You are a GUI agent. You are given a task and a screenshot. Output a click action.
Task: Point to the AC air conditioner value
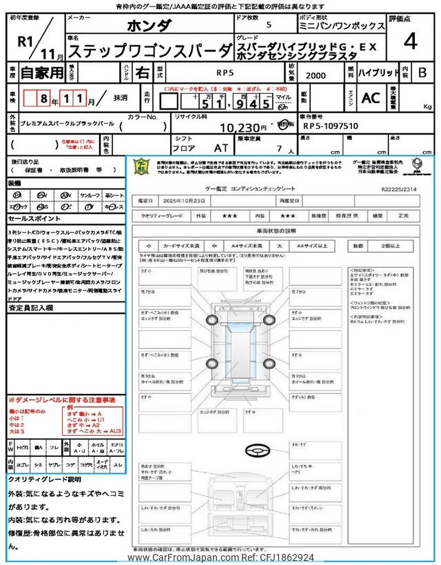pyautogui.click(x=371, y=98)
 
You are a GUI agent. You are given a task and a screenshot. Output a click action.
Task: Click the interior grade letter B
pyautogui.click(x=423, y=71)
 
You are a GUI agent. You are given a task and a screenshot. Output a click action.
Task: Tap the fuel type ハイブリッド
pyautogui.click(x=377, y=71)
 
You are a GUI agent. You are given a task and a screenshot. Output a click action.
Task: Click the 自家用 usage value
pyautogui.click(x=40, y=71)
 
